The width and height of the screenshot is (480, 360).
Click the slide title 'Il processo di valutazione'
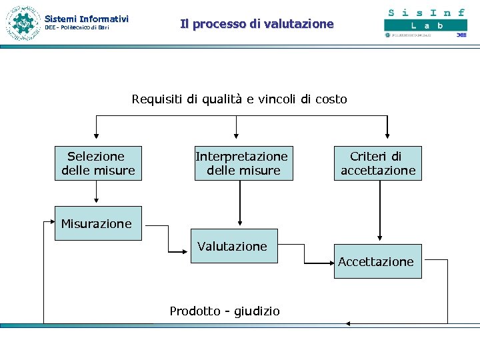[257, 24]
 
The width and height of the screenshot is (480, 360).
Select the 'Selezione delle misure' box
[98, 163]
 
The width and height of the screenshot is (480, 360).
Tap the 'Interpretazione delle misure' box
[241, 163]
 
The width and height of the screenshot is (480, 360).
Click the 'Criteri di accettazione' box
[378, 163]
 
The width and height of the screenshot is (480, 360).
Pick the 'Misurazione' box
[97, 223]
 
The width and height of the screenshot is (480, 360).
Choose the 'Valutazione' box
[233, 246]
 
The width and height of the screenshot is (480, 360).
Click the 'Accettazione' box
[376, 261]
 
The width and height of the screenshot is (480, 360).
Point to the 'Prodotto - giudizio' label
[225, 311]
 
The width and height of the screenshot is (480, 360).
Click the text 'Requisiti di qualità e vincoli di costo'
[239, 99]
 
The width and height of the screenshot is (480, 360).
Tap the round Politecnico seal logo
[23, 23]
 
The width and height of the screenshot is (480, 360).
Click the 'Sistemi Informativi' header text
[86, 19]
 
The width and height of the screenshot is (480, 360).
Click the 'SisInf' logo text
[426, 12]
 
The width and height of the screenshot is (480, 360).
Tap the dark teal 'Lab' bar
[425, 25]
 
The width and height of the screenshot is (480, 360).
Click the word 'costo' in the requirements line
[331, 99]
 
